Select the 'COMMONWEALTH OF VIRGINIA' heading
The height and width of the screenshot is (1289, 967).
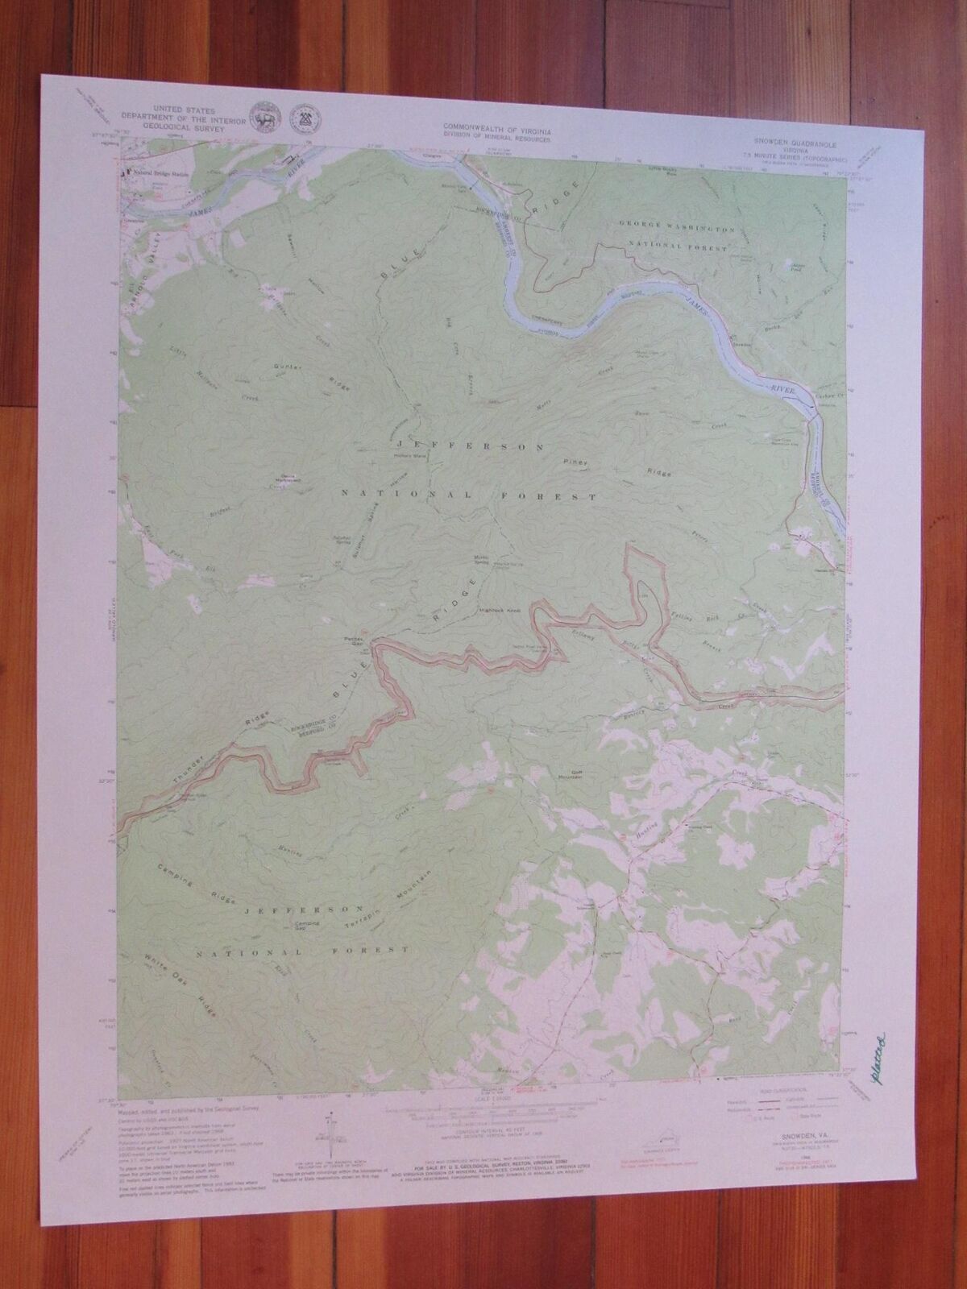[x=495, y=128]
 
